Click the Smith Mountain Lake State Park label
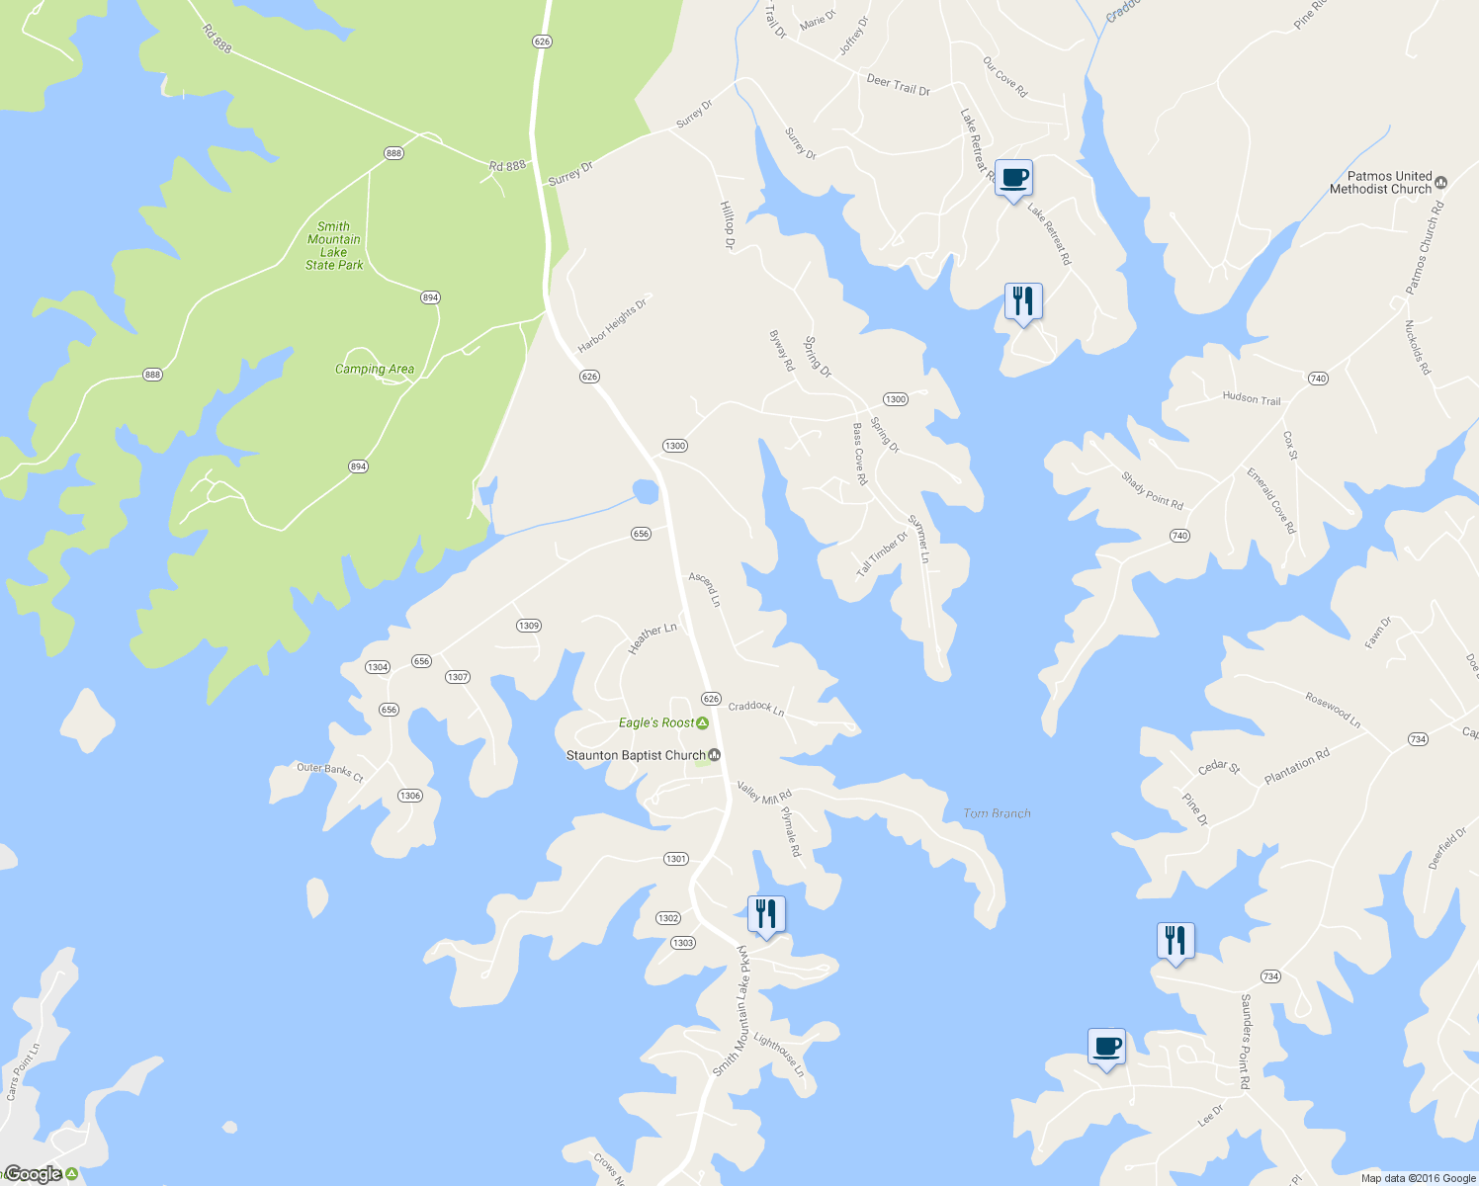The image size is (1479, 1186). tap(334, 246)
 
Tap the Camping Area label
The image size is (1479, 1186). tap(375, 370)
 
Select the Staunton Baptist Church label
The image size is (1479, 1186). tap(636, 755)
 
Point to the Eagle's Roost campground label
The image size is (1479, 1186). tap(656, 722)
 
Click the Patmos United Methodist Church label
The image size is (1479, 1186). tap(1380, 183)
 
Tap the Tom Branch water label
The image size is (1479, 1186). tap(997, 813)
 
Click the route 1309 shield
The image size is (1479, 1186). tap(529, 626)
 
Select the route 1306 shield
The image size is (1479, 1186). tap(410, 796)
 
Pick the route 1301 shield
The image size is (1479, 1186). tap(676, 859)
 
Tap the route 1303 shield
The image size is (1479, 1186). tap(683, 943)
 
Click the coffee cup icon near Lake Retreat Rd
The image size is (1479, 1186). tap(1013, 179)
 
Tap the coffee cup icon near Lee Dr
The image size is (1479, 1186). tap(1107, 1047)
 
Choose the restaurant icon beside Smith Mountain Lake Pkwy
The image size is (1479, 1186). tap(766, 914)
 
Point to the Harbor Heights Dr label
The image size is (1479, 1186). tap(612, 326)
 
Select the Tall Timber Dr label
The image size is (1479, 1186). tap(882, 554)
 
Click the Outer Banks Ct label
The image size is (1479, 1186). tap(330, 772)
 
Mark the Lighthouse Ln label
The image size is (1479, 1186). tap(780, 1055)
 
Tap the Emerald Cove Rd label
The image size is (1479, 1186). tap(1271, 500)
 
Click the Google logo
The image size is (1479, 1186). tap(34, 1174)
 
